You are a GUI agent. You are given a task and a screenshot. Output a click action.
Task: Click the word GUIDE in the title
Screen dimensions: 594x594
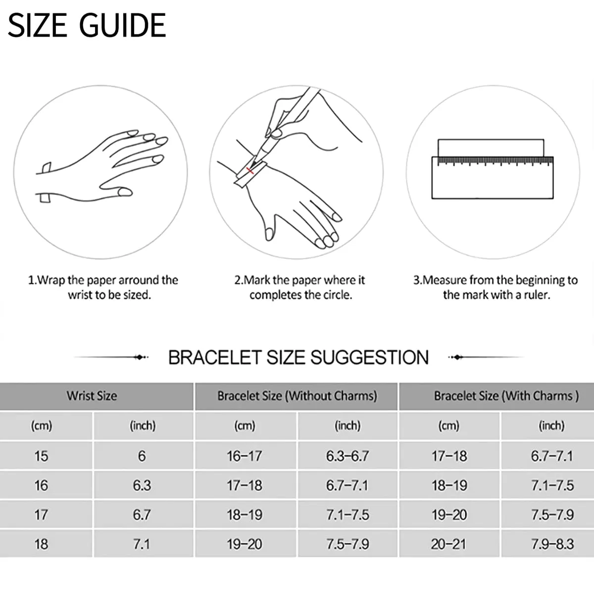click(122, 25)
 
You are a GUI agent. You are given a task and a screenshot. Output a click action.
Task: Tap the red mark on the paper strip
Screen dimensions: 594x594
click(249, 170)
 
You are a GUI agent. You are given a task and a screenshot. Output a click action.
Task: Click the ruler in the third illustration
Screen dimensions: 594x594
click(492, 178)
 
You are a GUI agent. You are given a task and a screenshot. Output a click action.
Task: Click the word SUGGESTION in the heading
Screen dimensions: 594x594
click(369, 357)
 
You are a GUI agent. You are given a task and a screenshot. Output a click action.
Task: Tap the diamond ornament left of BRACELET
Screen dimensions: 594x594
click(140, 357)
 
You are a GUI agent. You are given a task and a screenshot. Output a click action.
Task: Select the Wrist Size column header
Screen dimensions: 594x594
click(92, 396)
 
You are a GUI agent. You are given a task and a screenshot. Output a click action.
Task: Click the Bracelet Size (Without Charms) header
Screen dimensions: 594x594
click(297, 396)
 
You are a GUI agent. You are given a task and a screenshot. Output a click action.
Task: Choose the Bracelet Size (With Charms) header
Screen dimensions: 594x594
click(506, 396)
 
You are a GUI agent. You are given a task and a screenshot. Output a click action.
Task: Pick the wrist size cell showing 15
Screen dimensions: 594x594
click(41, 456)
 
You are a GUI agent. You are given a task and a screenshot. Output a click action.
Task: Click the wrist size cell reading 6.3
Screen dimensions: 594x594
click(142, 486)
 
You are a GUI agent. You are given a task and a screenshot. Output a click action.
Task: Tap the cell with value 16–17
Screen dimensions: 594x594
click(245, 456)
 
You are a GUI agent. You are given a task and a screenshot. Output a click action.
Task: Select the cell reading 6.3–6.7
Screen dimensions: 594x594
click(347, 456)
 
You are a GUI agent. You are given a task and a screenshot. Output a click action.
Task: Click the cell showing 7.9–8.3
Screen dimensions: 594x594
click(552, 544)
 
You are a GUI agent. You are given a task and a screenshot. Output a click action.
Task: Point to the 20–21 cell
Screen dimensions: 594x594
click(448, 544)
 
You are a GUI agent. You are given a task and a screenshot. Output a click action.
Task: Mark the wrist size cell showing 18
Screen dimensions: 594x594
click(41, 544)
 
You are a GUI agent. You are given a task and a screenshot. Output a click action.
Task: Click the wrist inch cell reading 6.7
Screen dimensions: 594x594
click(142, 515)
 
